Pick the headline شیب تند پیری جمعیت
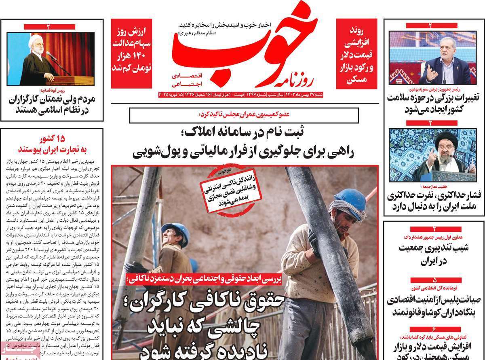tap(434, 253)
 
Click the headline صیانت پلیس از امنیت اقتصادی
tap(434, 306)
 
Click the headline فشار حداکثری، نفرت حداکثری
tap(434, 202)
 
